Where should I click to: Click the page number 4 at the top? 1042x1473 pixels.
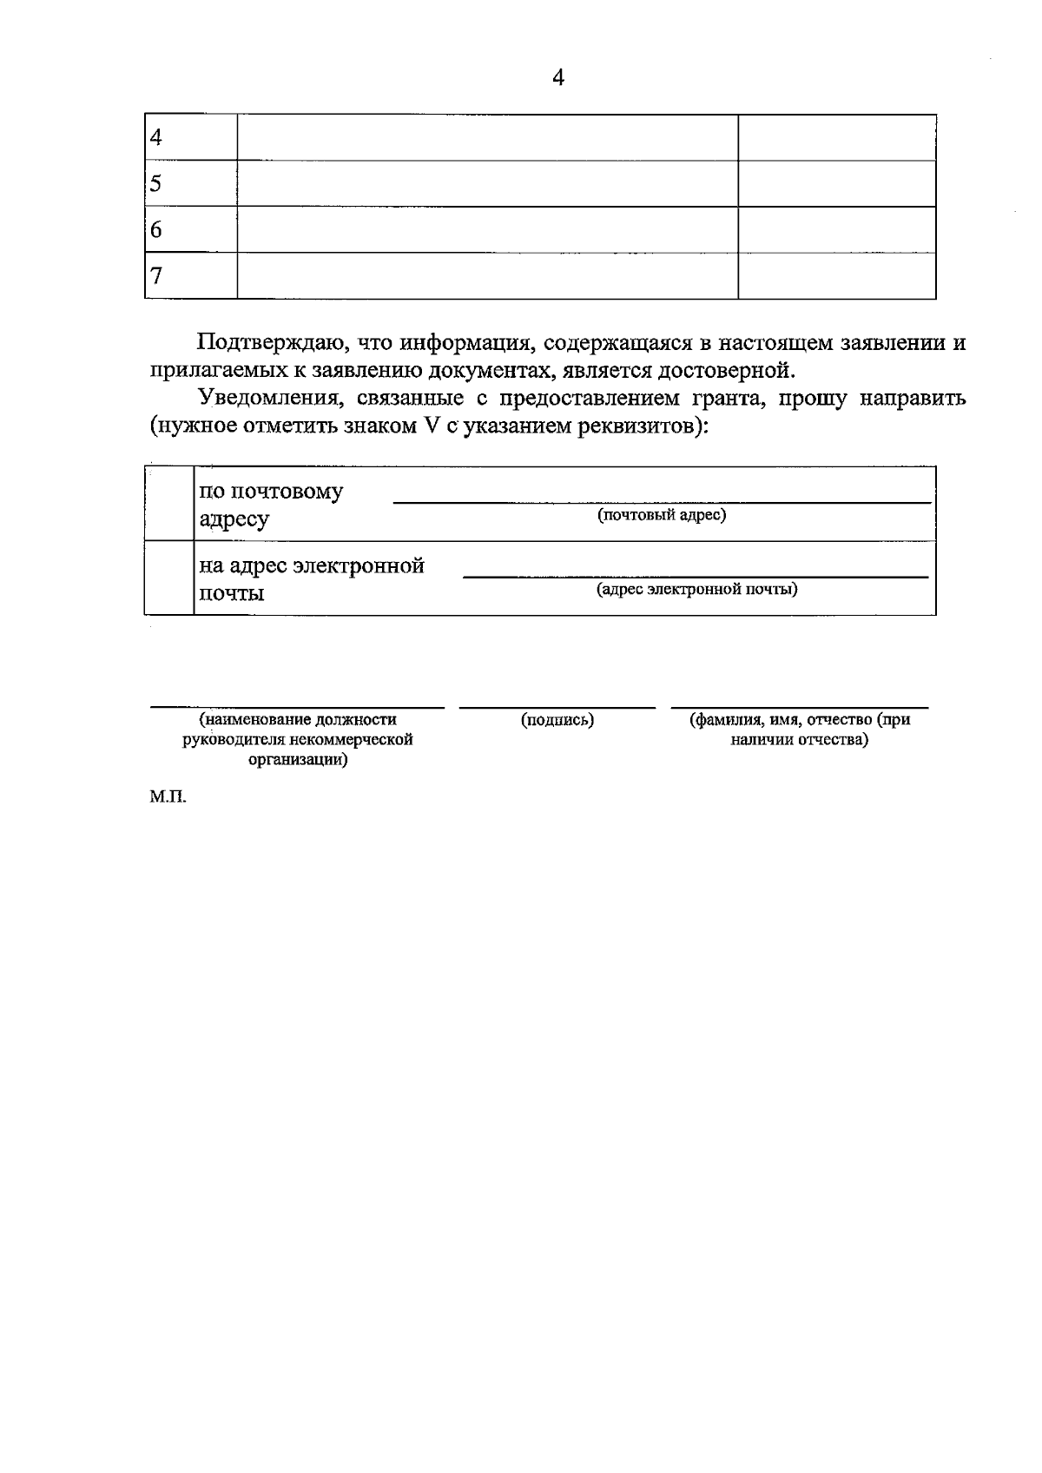[558, 78]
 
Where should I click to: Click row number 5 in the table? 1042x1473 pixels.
[156, 183]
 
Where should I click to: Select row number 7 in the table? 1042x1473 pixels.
[156, 276]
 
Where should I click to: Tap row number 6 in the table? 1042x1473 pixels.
[156, 230]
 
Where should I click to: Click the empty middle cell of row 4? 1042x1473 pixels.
[487, 137]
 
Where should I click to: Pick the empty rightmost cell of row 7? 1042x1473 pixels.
[836, 276]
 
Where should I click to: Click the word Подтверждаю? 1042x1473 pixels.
[273, 342]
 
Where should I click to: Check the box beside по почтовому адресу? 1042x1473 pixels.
[169, 505]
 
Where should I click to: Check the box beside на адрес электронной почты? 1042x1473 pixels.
[169, 578]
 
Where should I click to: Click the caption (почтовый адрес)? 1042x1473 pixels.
[662, 515]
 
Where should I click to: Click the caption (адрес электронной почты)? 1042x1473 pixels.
[696, 590]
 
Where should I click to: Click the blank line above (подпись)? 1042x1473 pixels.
[557, 706]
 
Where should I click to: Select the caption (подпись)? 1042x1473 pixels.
[557, 720]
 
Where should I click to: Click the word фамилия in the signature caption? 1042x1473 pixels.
[727, 720]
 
